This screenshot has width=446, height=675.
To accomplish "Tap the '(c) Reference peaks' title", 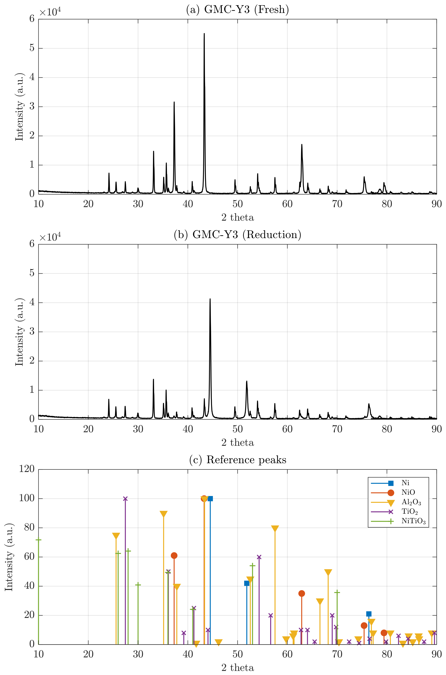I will (x=238, y=460).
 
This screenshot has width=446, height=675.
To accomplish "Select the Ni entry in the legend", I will (x=405, y=483).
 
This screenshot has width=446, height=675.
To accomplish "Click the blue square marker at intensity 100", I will (x=210, y=499).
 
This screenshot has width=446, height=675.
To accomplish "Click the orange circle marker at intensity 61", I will (x=174, y=556).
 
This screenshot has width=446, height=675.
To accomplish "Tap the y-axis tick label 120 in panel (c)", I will (x=27, y=469).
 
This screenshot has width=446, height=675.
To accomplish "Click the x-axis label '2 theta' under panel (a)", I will (x=238, y=217).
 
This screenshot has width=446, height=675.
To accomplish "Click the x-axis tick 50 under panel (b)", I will (x=238, y=429).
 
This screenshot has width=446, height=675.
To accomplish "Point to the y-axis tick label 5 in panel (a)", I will (x=32, y=48).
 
